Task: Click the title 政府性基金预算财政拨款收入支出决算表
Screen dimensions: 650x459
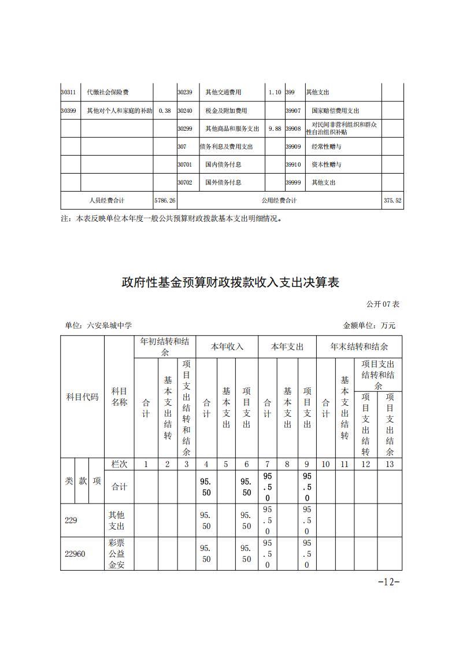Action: (x=229, y=282)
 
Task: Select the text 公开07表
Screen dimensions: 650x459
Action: (x=383, y=304)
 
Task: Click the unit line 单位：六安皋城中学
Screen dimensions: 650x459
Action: (x=98, y=325)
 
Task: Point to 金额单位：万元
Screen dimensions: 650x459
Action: (x=369, y=325)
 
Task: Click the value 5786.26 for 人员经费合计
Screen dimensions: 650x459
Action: (x=165, y=200)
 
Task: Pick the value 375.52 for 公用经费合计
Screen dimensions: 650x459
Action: (x=393, y=200)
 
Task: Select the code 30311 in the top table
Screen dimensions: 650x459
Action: (x=69, y=92)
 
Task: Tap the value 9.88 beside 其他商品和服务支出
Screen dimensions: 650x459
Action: (x=275, y=128)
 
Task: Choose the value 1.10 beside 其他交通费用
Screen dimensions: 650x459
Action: (x=275, y=92)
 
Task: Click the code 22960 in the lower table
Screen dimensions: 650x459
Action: (x=75, y=554)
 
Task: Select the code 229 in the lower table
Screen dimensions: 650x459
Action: (x=71, y=520)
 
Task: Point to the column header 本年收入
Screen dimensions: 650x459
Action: (x=227, y=347)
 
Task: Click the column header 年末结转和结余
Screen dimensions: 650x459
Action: (x=358, y=347)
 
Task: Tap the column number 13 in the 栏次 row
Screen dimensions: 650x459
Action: (x=390, y=464)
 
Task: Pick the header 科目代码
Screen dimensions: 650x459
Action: (x=82, y=397)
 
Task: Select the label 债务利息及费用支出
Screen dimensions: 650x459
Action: (x=226, y=146)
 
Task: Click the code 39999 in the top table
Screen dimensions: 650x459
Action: (x=294, y=182)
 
